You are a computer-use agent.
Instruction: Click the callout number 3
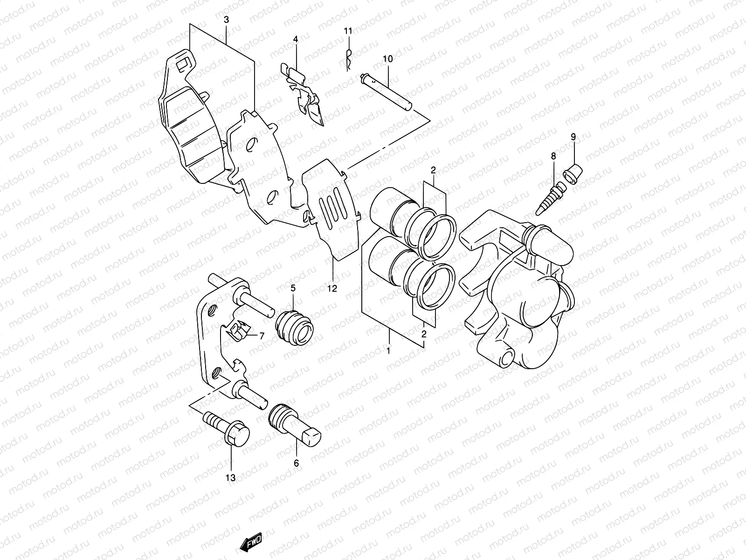[226, 20]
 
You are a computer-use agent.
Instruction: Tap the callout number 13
[231, 477]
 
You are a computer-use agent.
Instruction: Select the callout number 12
[332, 289]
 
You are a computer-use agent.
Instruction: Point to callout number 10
[388, 59]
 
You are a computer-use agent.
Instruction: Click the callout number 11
[348, 31]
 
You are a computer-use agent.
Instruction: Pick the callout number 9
[573, 136]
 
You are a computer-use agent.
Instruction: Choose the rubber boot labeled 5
[297, 329]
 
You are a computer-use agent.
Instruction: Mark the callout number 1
[388, 350]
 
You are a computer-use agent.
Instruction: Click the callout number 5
[293, 288]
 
